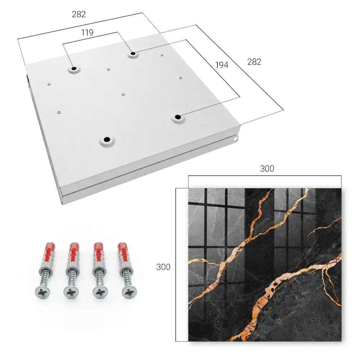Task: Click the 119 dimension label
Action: pyautogui.click(x=87, y=33)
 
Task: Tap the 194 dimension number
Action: pyautogui.click(x=222, y=65)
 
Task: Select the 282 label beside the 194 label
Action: pyautogui.click(x=254, y=62)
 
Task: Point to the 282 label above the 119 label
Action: pyautogui.click(x=79, y=14)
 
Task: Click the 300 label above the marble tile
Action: pyautogui.click(x=267, y=169)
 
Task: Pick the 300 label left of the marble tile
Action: pyautogui.click(x=163, y=267)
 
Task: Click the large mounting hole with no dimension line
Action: pyautogui.click(x=107, y=139)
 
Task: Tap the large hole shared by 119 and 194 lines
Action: pyautogui.click(x=133, y=54)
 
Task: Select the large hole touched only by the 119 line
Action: pyautogui.click(x=74, y=68)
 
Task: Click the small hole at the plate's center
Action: pyautogui.click(x=123, y=94)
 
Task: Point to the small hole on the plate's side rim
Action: pyautogui.click(x=235, y=139)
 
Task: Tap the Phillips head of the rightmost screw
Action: pyautogui.click(x=130, y=292)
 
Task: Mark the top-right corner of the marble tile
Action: pyautogui.click(x=341, y=189)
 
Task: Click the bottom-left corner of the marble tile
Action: pyautogui.click(x=189, y=341)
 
